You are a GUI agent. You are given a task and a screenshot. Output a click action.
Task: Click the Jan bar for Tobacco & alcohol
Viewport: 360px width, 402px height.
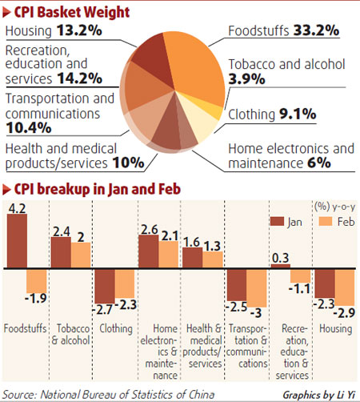click(x=60, y=253)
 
